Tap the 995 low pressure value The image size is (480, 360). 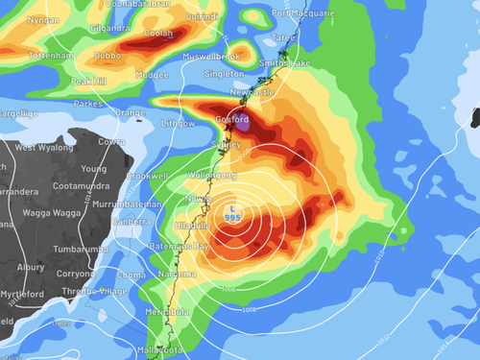tap(230, 217)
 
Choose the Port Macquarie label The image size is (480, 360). tap(302, 13)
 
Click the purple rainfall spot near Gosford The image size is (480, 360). tap(244, 123)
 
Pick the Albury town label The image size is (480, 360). tap(30, 267)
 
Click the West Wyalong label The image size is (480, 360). tap(38, 147)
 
